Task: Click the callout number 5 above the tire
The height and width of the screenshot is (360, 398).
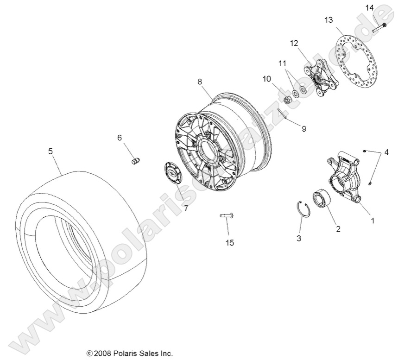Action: pos(51,151)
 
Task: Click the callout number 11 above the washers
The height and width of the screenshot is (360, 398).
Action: pos(283,63)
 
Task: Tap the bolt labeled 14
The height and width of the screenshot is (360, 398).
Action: pos(379,27)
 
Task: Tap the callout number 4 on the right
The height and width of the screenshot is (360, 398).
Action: pos(386,152)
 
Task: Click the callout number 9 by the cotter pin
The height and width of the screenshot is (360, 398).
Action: pos(304,129)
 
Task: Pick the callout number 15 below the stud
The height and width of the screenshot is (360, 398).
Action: pos(229,243)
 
